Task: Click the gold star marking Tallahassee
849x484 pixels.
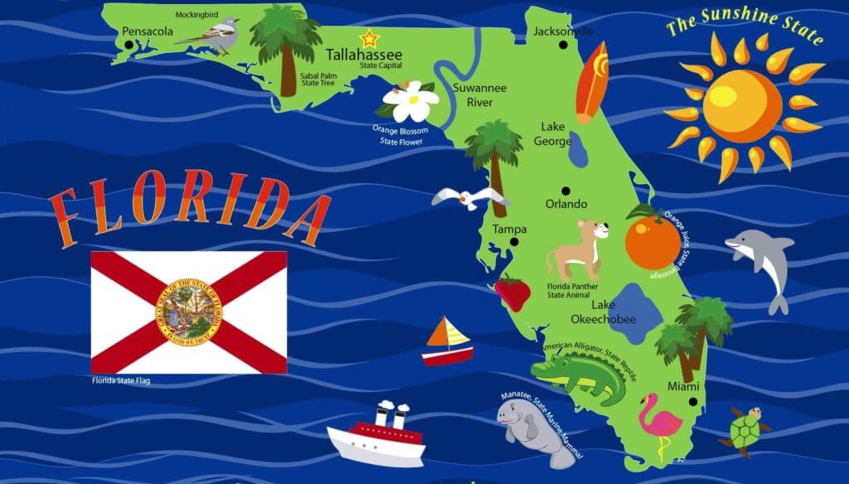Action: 367,38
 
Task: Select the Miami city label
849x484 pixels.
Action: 683,387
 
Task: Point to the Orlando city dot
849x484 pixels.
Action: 565,190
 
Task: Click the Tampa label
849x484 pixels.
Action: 509,229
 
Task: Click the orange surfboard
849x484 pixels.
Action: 592,83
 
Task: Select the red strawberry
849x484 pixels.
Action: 512,293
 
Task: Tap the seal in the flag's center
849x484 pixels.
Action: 189,313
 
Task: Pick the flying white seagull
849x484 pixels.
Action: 468,199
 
